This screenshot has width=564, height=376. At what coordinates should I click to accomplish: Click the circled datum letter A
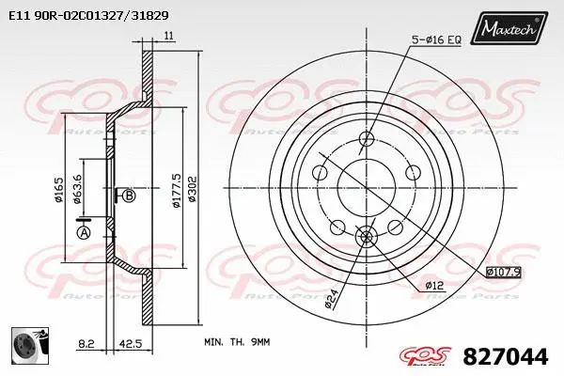pos(84,232)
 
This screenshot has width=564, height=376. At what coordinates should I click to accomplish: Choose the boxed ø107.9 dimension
pos(503,273)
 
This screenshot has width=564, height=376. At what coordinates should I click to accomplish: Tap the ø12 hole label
pos(433,285)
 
